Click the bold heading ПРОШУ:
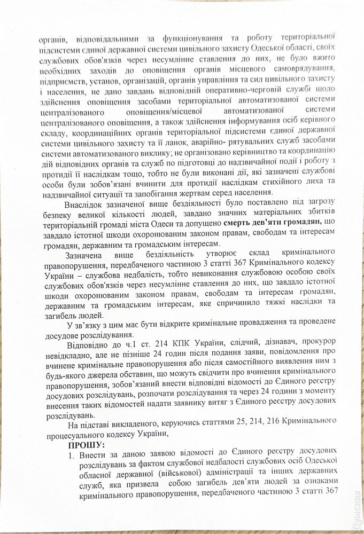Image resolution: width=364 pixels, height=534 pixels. [87, 444]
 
